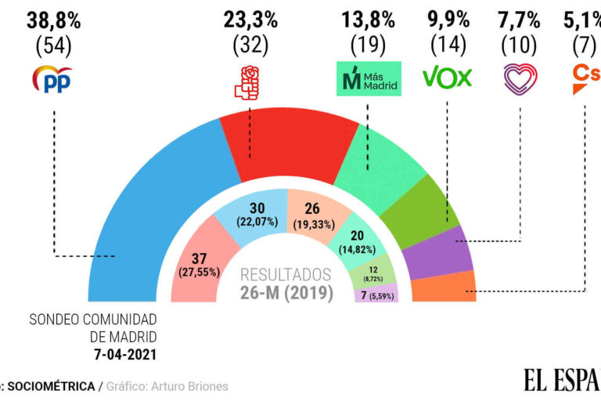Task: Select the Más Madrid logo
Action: pyautogui.click(x=368, y=78)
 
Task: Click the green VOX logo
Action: pyautogui.click(x=447, y=77)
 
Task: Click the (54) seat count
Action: pyautogui.click(x=53, y=46)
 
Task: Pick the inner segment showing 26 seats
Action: pyautogui.click(x=311, y=213)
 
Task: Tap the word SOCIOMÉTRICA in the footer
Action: pyautogui.click(x=53, y=386)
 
